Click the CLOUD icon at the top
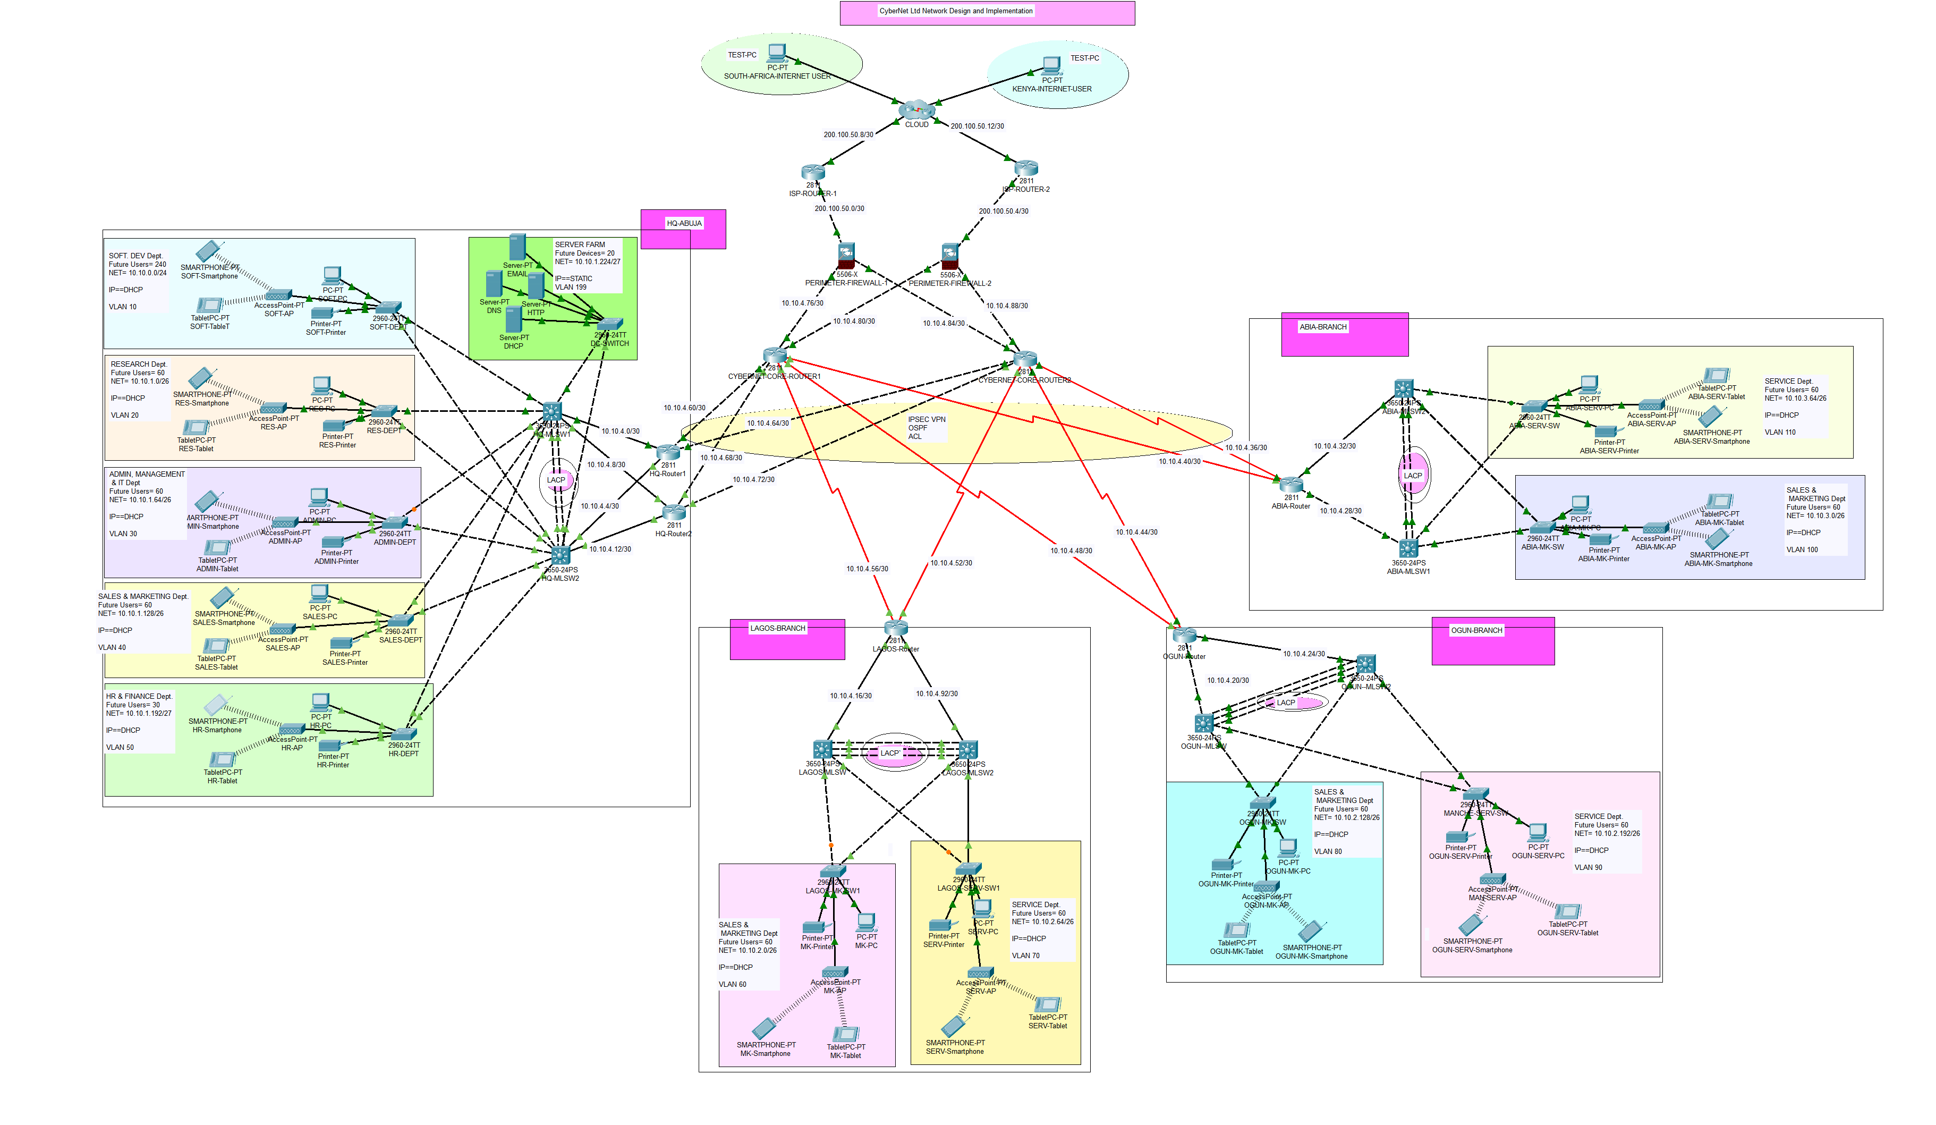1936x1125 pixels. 916,110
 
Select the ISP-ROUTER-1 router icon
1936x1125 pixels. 813,172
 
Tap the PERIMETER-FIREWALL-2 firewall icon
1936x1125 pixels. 949,253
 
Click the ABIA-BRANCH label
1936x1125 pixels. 1323,327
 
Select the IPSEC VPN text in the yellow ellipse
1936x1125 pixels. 927,420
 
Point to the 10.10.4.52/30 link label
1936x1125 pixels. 951,563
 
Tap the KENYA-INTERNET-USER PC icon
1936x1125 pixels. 1052,66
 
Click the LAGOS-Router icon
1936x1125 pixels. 896,628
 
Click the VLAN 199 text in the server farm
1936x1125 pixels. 571,287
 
